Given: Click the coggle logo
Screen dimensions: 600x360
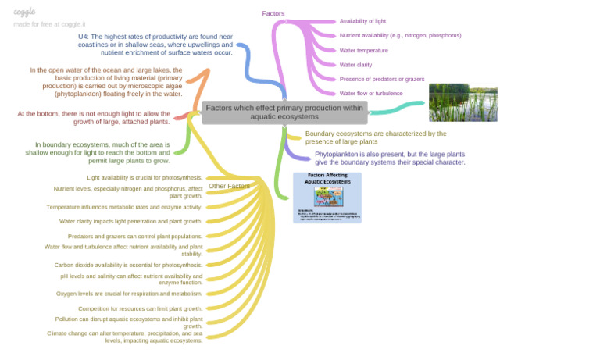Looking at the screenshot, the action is tap(24, 12).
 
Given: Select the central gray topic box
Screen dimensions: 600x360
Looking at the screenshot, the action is tap(284, 112).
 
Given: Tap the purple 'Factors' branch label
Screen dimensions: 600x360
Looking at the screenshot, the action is tap(273, 13).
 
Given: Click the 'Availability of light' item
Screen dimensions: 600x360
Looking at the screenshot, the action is tap(362, 21).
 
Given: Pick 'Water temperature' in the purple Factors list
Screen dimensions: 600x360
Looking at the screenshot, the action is tap(364, 50).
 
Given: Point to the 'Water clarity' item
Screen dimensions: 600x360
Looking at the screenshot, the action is tap(355, 65).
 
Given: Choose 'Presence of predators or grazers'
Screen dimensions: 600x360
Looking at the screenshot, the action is tap(382, 79).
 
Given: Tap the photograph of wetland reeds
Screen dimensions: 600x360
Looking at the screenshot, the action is tap(459, 102).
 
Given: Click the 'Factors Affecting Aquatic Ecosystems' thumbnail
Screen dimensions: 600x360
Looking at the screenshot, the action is tap(327, 198).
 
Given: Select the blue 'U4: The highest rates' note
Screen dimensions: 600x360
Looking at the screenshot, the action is tap(155, 44).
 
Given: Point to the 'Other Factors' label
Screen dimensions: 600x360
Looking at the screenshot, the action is tap(229, 186).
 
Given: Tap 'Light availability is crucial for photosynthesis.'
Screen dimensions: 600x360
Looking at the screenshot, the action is tap(145, 177).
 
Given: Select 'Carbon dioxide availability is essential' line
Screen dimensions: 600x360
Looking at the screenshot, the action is tap(128, 265).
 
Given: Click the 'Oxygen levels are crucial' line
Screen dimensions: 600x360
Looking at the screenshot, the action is tap(129, 294).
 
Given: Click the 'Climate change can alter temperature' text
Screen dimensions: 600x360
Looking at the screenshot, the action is tap(125, 337).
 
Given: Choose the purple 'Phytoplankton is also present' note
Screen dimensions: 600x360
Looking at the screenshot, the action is tap(390, 159).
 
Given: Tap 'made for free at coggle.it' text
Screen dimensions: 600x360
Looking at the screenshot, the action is tap(50, 24).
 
